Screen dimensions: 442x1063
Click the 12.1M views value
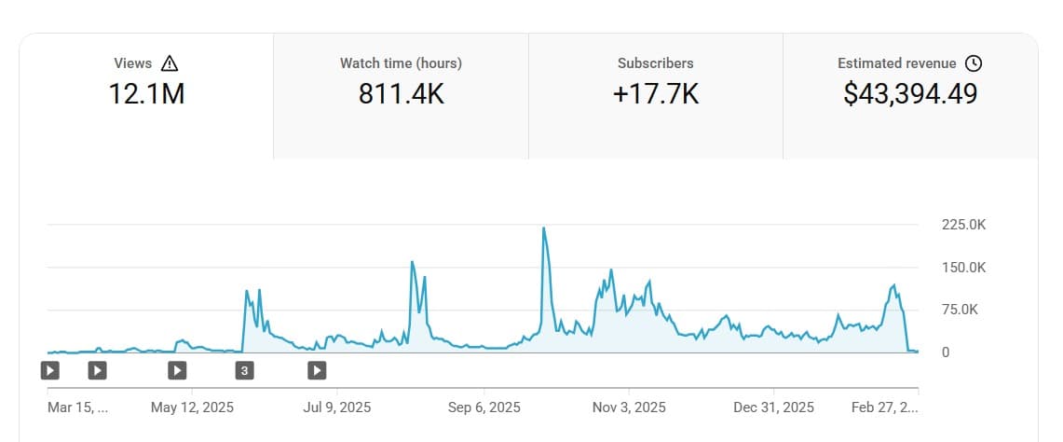click(145, 93)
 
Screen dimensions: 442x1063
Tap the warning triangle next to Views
click(169, 63)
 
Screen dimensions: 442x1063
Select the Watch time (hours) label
click(401, 63)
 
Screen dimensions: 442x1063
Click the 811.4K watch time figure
click(401, 93)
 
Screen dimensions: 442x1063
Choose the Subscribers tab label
click(655, 63)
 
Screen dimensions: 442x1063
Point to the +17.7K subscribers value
click(655, 93)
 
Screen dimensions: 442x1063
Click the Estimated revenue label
click(897, 63)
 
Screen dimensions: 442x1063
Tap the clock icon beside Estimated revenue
click(974, 63)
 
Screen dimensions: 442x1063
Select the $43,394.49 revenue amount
click(910, 93)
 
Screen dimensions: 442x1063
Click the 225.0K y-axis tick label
click(962, 225)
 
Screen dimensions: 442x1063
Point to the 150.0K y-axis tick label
click(962, 268)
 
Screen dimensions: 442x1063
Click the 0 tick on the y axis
click(946, 352)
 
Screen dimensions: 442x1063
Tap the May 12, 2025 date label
click(193, 407)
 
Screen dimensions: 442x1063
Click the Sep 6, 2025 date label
click(484, 407)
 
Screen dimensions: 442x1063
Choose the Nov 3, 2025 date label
click(630, 407)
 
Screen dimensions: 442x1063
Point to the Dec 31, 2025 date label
click(773, 407)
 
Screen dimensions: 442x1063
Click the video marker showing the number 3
click(244, 370)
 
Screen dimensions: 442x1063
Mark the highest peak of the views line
click(543, 228)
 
